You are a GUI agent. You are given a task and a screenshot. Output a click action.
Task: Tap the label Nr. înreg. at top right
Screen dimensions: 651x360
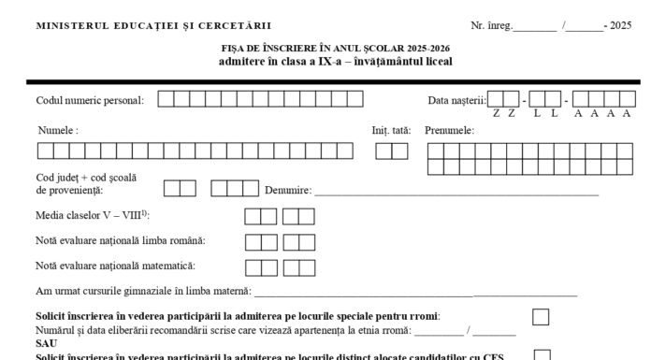click(x=492, y=26)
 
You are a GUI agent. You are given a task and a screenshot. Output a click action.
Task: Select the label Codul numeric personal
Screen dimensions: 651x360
click(x=90, y=100)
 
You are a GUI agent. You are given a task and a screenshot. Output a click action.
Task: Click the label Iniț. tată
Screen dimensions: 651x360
click(x=391, y=130)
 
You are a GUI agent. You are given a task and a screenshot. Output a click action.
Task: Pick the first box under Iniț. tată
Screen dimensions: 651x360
click(x=383, y=151)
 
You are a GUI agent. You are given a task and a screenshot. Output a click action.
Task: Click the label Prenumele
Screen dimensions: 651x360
click(x=449, y=130)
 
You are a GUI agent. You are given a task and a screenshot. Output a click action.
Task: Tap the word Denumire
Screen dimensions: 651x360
click(x=288, y=191)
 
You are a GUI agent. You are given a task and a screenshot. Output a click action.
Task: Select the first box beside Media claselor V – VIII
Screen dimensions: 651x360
click(x=253, y=217)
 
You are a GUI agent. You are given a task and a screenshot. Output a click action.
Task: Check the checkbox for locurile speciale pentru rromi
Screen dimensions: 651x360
click(x=541, y=316)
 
